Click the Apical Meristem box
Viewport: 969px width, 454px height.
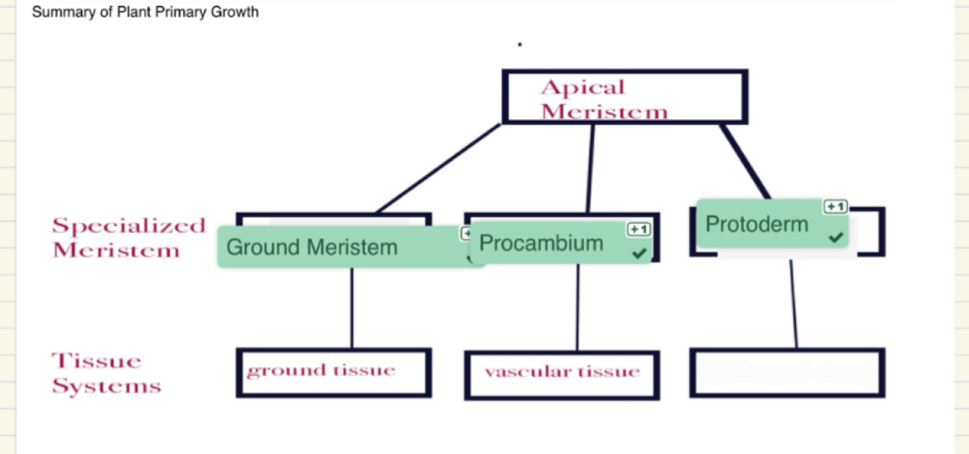624,97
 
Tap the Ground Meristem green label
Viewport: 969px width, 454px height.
311,247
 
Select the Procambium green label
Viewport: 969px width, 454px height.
542,244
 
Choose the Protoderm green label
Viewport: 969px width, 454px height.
756,224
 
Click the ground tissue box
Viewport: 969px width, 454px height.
333,372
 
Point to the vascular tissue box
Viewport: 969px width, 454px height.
562,374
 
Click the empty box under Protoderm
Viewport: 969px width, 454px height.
786,372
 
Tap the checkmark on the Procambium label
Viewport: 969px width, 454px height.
639,253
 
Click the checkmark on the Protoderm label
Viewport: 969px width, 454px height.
836,238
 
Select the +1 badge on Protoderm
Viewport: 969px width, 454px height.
835,206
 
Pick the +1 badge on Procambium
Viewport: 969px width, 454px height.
639,229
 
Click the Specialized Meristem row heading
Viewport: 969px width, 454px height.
128,238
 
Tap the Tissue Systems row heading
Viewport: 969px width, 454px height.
106,374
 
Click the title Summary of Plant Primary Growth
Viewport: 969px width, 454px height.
145,12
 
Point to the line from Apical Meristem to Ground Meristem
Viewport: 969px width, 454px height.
439,168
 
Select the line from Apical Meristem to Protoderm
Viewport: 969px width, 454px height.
745,162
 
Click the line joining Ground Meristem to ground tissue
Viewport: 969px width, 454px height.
352,307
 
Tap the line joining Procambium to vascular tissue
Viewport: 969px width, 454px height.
577,307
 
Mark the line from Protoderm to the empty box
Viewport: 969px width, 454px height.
793,303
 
